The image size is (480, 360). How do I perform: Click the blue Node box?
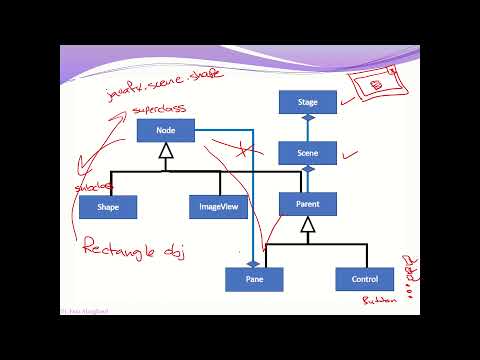[x=166, y=129]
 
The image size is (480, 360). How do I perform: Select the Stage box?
[x=308, y=102]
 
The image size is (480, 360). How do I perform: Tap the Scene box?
[x=308, y=153]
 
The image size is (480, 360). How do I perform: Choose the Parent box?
[x=308, y=204]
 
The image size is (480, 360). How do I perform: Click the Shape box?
[x=108, y=207]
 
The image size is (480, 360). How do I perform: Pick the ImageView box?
[x=218, y=207]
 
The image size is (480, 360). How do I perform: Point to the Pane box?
[x=254, y=279]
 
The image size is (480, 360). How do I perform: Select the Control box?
[x=357, y=279]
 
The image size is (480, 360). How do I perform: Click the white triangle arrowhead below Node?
[x=166, y=151]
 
